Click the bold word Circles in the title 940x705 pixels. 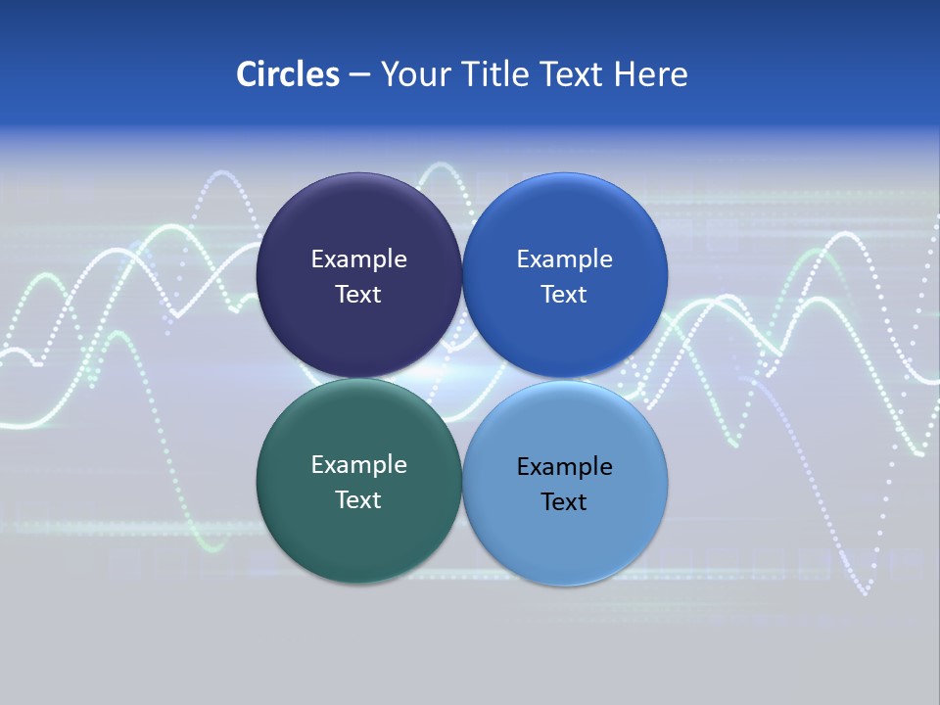point(288,74)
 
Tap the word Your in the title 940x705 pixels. point(413,74)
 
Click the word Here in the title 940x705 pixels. point(651,74)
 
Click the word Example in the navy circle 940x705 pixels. point(358,259)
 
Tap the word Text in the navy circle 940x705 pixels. point(358,295)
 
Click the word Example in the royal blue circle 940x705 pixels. point(565,259)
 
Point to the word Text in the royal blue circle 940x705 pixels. point(565,295)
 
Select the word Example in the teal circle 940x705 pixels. point(358,465)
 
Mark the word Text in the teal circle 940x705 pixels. point(358,500)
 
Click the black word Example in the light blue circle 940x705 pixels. point(565,467)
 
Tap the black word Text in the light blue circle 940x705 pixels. point(565,502)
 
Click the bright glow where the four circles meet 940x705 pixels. point(461,379)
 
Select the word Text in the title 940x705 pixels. point(573,74)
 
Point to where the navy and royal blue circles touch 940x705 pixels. point(462,275)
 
